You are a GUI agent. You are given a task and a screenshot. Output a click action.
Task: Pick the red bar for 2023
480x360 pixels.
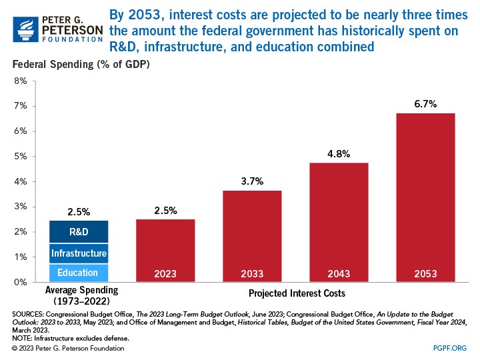coord(165,250)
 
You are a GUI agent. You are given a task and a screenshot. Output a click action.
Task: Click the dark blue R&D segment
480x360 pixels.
coord(79,231)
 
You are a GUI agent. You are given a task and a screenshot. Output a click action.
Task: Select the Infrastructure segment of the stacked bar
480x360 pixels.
coord(79,253)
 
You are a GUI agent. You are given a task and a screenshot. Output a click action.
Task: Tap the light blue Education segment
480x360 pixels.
coord(79,273)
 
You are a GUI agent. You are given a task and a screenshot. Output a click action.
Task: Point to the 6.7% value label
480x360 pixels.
coord(425,104)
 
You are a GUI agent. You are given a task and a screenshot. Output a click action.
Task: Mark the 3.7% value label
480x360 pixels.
coord(252,181)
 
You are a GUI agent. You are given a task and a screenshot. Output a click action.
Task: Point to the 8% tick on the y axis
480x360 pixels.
coord(20,81)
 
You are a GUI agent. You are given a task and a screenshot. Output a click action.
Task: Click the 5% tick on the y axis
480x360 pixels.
coord(20,157)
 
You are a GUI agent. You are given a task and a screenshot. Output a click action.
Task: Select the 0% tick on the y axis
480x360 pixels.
coord(20,282)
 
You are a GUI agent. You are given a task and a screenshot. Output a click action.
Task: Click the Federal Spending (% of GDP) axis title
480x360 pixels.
coord(79,65)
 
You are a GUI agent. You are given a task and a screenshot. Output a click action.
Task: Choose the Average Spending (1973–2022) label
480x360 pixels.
coord(79,295)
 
